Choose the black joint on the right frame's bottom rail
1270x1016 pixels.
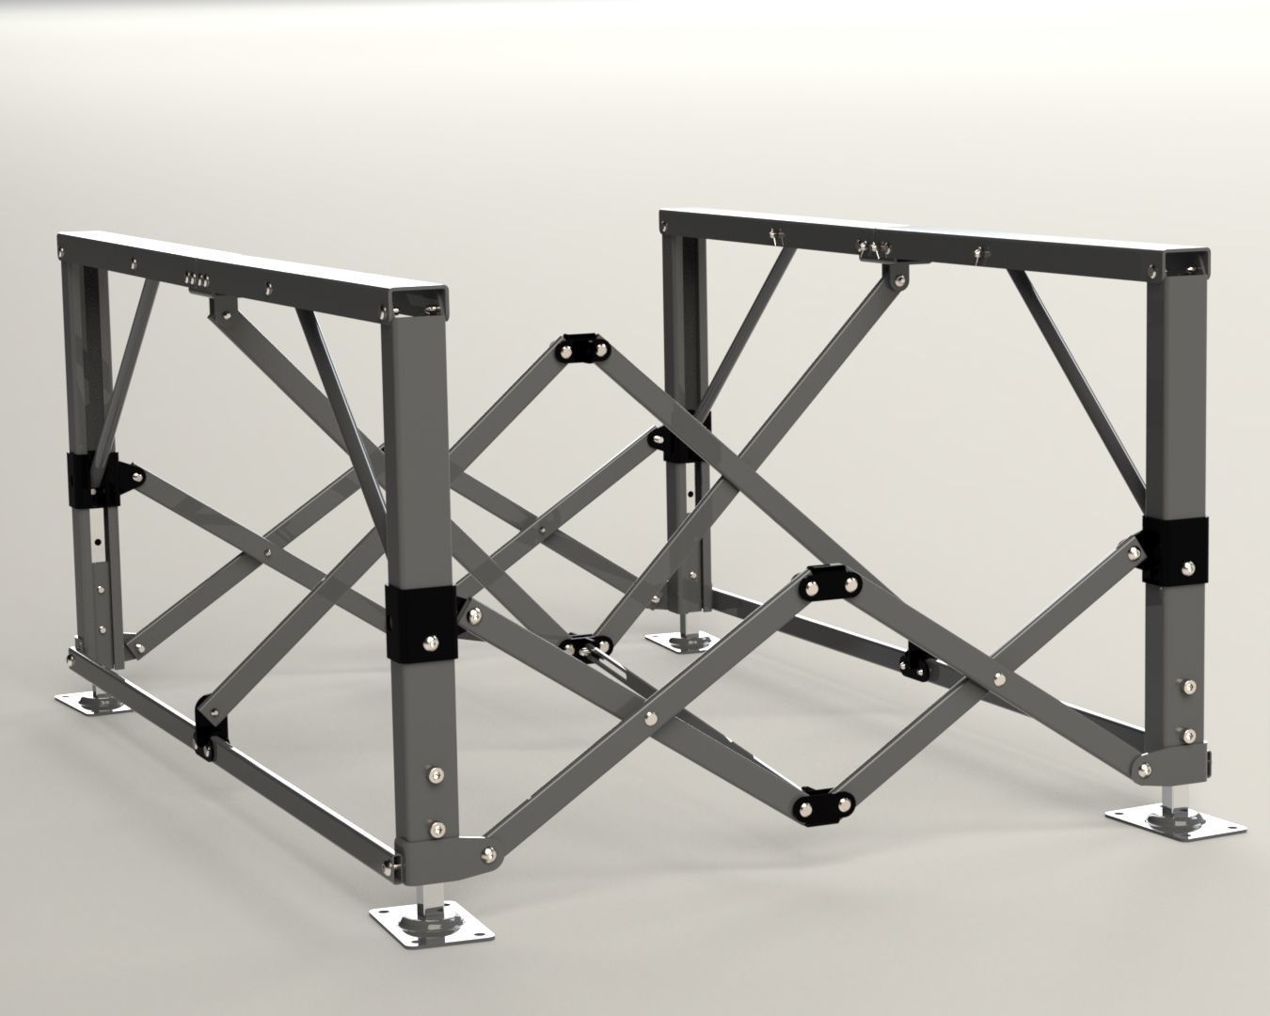[x=916, y=663]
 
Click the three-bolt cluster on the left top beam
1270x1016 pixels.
[x=198, y=278]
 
